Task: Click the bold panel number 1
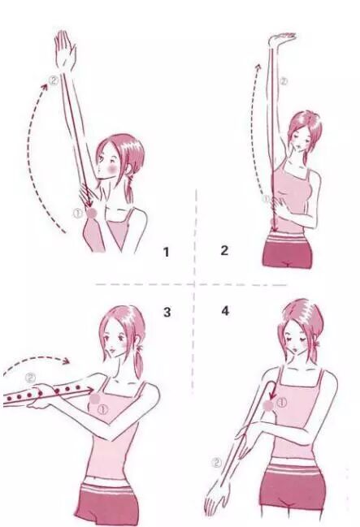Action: pyautogui.click(x=166, y=252)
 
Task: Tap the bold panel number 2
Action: pyautogui.click(x=224, y=250)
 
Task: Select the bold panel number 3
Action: pyautogui.click(x=167, y=313)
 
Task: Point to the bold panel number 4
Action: pyautogui.click(x=225, y=311)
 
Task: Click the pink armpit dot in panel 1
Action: pyautogui.click(x=92, y=213)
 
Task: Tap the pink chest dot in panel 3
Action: pyautogui.click(x=95, y=399)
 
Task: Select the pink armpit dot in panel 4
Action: pyautogui.click(x=268, y=406)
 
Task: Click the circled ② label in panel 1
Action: pyautogui.click(x=54, y=80)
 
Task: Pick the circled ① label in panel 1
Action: pyautogui.click(x=78, y=213)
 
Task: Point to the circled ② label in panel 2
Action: pyautogui.click(x=284, y=81)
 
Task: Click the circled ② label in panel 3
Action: pyautogui.click(x=30, y=378)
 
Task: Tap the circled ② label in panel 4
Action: pyautogui.click(x=217, y=463)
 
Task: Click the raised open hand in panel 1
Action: pyautogui.click(x=65, y=50)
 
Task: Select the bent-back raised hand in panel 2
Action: pyautogui.click(x=282, y=40)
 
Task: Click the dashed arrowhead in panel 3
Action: pyautogui.click(x=67, y=361)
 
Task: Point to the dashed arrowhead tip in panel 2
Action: pyautogui.click(x=258, y=64)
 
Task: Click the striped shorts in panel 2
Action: pyautogui.click(x=287, y=251)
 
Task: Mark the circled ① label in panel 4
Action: pyautogui.click(x=282, y=402)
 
